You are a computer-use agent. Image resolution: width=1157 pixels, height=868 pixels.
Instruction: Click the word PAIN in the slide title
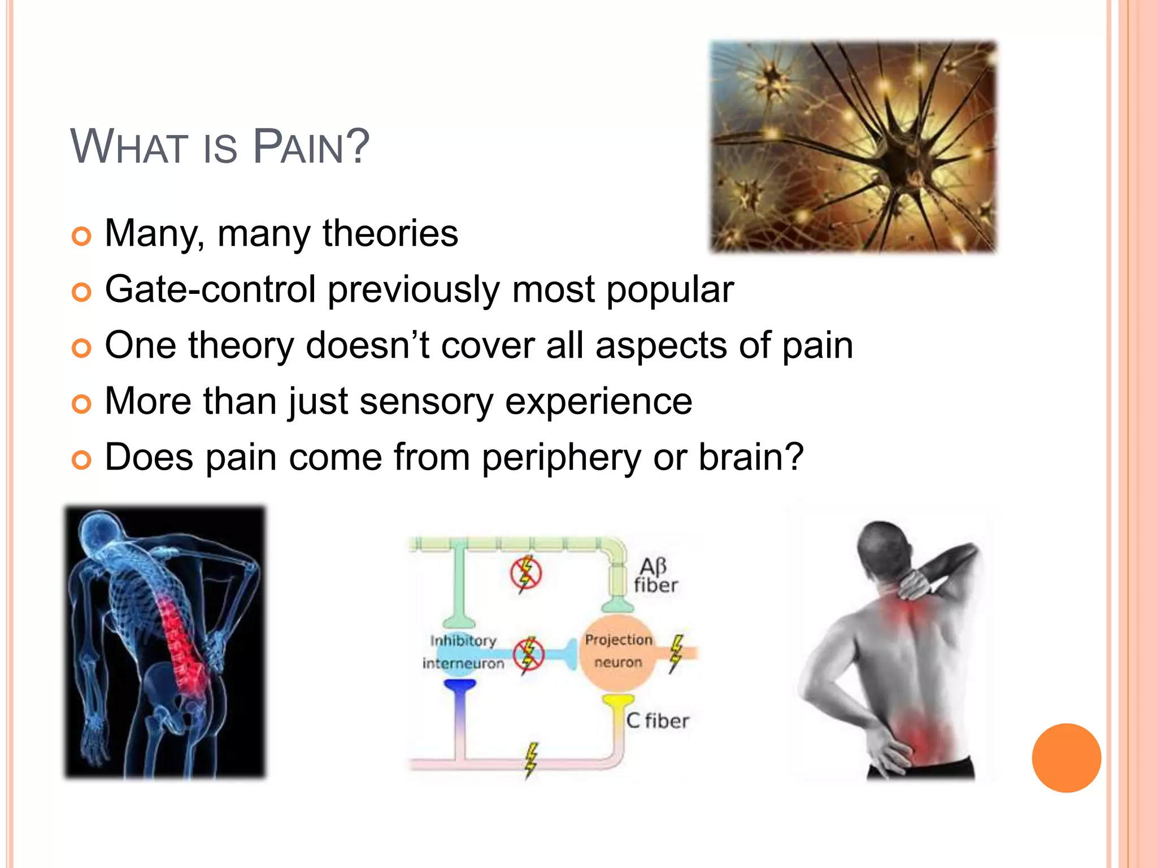tap(311, 147)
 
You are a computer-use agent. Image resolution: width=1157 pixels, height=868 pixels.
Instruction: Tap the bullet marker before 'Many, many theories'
tap(81, 236)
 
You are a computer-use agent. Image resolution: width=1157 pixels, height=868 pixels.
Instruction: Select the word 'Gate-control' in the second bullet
tap(210, 289)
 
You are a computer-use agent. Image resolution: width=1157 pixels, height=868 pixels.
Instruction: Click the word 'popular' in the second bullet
tap(670, 289)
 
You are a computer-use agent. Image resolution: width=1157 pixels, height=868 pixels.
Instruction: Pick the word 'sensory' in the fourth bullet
tap(426, 401)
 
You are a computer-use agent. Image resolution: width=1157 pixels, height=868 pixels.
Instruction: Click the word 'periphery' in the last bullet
tap(561, 457)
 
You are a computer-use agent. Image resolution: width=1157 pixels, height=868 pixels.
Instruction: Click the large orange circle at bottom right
tap(1066, 758)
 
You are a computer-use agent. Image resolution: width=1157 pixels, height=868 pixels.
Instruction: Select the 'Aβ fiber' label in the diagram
tap(655, 576)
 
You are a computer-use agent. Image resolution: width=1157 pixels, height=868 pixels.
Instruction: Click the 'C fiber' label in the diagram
tap(658, 721)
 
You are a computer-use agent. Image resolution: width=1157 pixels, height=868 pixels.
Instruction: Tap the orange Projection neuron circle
tap(618, 652)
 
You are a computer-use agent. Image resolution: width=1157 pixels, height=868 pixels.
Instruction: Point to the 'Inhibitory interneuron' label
tap(463, 652)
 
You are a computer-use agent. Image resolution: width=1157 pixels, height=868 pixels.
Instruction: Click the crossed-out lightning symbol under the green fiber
tap(526, 573)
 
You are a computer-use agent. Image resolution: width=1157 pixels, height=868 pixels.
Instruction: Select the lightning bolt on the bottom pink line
tap(530, 761)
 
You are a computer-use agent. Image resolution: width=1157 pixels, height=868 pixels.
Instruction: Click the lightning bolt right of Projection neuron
tap(676, 653)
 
